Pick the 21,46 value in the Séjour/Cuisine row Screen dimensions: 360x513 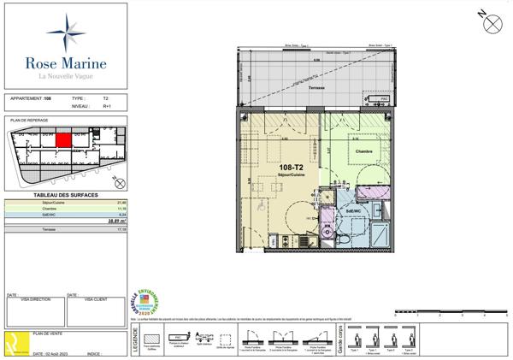click(x=119, y=202)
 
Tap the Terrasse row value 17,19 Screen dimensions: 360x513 click(x=119, y=229)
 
